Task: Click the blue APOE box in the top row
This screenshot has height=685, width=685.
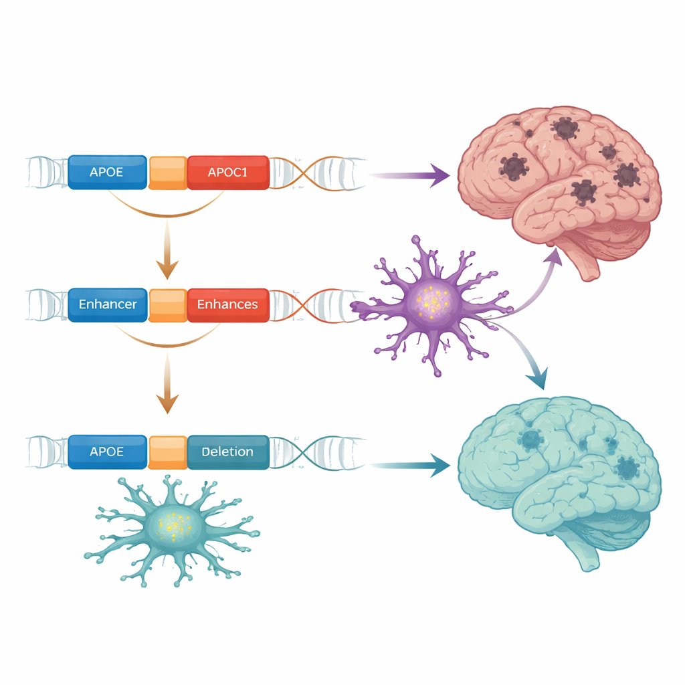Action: tap(107, 172)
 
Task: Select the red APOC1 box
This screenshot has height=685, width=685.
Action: tap(228, 172)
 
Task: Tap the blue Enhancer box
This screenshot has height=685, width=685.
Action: tap(107, 304)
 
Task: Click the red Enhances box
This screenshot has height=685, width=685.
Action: tap(228, 304)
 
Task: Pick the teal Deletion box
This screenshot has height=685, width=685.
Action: tap(228, 452)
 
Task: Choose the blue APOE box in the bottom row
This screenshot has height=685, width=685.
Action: tap(107, 452)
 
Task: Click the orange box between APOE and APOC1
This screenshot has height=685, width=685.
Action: tap(167, 172)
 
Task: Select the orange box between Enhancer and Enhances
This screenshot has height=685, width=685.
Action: tap(167, 304)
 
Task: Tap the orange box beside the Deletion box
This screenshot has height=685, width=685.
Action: tap(167, 452)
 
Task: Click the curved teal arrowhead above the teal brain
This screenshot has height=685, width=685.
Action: tap(536, 379)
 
